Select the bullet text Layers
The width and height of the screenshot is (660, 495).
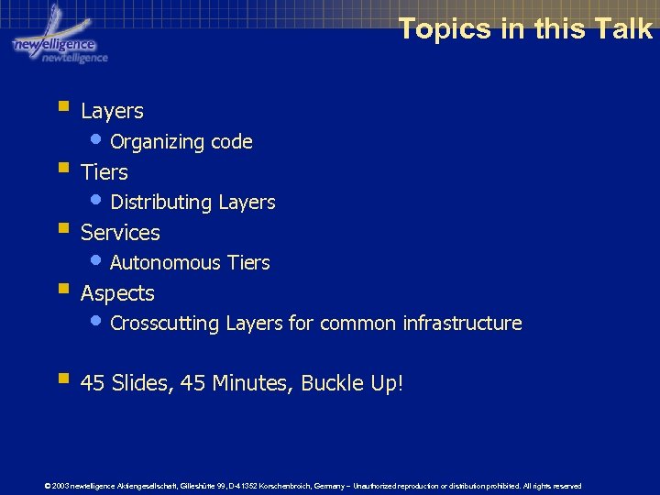pos(112,111)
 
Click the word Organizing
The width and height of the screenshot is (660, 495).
pos(157,142)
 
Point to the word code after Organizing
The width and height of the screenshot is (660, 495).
pos(231,142)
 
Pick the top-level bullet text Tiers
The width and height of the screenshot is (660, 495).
pos(104,172)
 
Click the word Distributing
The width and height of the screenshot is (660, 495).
pos(159,203)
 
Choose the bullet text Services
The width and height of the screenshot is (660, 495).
pos(120,233)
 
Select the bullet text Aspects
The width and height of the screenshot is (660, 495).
pos(117,293)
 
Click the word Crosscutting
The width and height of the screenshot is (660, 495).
pos(165,324)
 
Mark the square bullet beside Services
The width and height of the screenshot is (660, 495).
pos(62,228)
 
